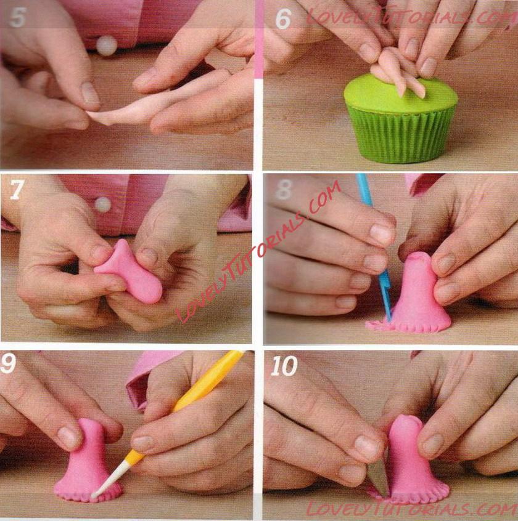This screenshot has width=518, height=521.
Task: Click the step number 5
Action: click(17, 18)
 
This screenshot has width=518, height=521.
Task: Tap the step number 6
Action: click(283, 19)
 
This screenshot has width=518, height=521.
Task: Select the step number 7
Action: click(16, 190)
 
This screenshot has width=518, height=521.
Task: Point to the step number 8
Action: click(284, 190)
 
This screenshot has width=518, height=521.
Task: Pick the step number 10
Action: click(284, 366)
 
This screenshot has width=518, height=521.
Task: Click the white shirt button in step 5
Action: click(107, 45)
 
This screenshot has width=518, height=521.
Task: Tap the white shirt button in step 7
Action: click(102, 204)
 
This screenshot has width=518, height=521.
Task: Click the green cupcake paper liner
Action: click(401, 135)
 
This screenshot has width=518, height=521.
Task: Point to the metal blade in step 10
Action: click(379, 479)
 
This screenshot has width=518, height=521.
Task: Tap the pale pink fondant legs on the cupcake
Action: click(398, 71)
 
